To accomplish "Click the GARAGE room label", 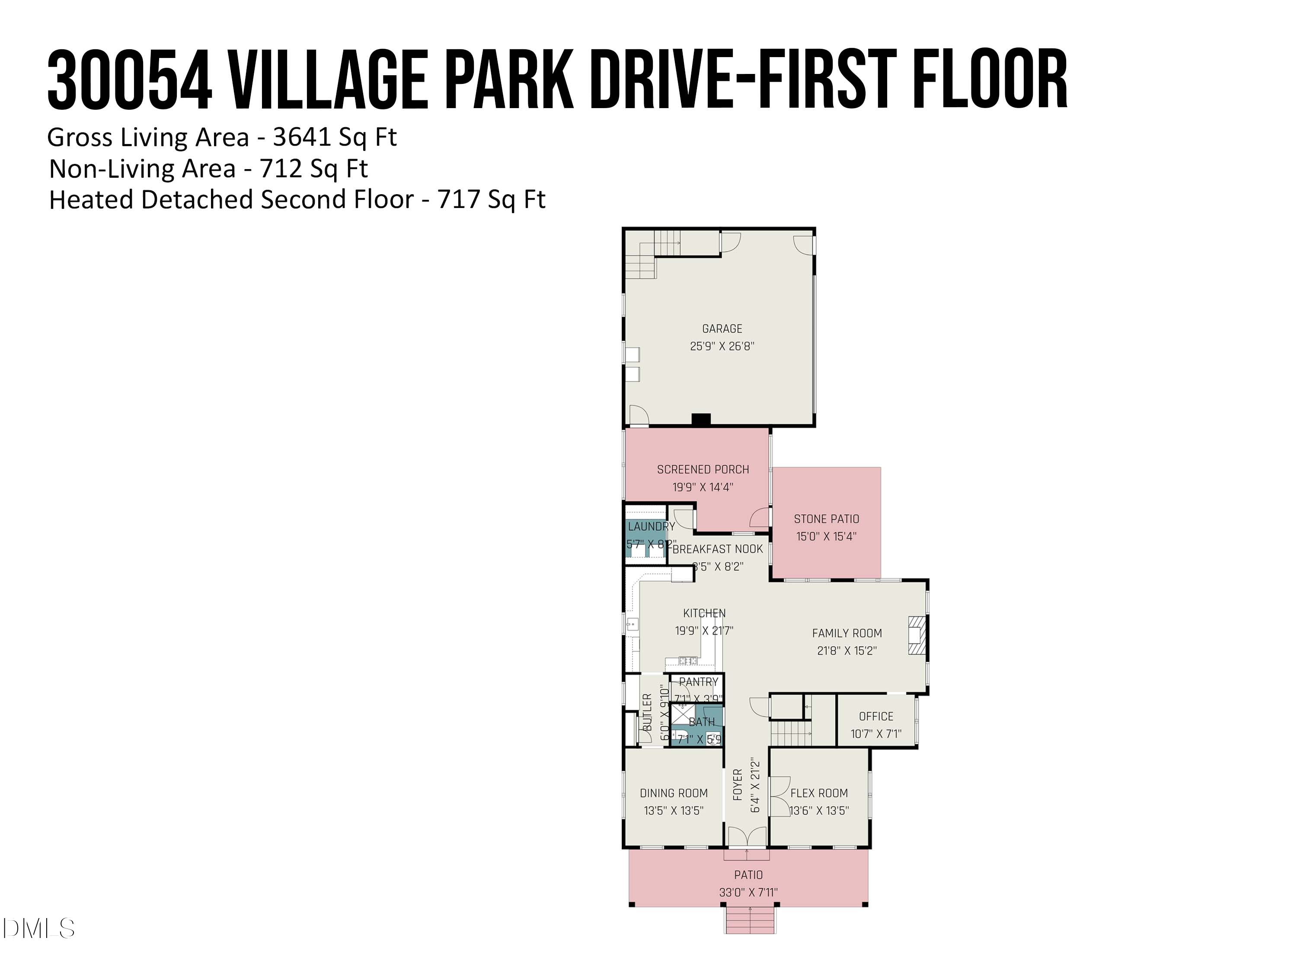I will (722, 329).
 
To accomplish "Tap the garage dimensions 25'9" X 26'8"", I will (722, 346).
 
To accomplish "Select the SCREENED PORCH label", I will (703, 469).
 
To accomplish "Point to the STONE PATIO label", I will (826, 519).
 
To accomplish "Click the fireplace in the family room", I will (917, 634).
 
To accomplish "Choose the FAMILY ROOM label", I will (847, 634).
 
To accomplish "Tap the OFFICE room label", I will (876, 717).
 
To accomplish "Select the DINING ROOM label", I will (674, 794).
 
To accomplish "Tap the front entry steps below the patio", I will (750, 920).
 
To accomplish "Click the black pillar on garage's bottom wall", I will (701, 419).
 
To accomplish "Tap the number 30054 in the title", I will (130, 80).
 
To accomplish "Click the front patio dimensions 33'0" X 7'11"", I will (748, 893).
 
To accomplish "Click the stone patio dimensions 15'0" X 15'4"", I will (826, 536).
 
